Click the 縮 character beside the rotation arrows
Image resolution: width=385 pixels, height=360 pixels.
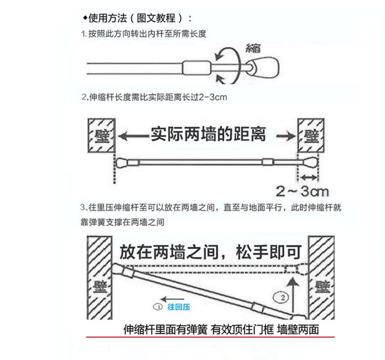pyautogui.click(x=253, y=47)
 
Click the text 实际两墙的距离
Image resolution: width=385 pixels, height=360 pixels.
pyautogui.click(x=207, y=135)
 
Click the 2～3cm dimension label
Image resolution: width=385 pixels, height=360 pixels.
pyautogui.click(x=301, y=192)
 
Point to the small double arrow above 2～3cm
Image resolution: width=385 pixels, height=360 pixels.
pyautogui.click(x=310, y=177)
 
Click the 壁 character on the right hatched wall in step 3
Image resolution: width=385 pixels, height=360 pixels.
pyautogui.click(x=322, y=285)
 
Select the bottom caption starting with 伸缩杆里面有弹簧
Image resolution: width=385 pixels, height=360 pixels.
pyautogui.click(x=221, y=329)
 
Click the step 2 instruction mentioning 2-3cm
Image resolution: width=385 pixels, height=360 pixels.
pyautogui.click(x=155, y=97)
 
